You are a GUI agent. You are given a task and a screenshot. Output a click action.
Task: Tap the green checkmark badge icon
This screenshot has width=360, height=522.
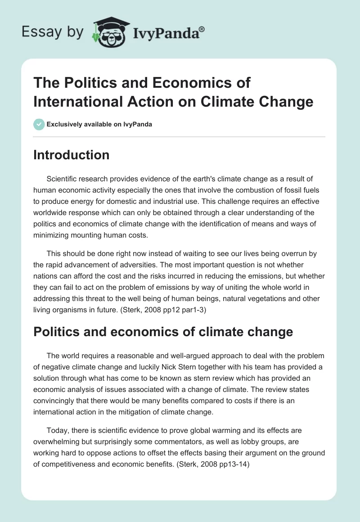click(39, 124)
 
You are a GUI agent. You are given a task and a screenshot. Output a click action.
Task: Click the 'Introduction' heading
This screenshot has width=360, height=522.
click(71, 155)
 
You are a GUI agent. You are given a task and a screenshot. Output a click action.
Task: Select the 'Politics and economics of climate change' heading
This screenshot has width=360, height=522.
click(163, 332)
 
